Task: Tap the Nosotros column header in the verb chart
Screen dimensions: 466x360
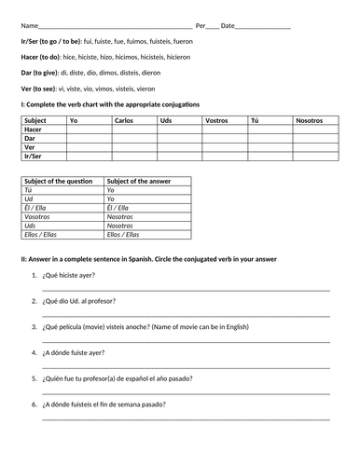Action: tap(309, 121)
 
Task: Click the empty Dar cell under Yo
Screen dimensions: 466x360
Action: tap(88, 138)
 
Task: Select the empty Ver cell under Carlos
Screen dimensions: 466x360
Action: tap(133, 147)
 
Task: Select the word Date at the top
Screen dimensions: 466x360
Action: tap(228, 25)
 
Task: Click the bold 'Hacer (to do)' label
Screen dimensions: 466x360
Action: tap(40, 57)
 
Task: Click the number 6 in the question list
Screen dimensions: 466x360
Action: tap(35, 404)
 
